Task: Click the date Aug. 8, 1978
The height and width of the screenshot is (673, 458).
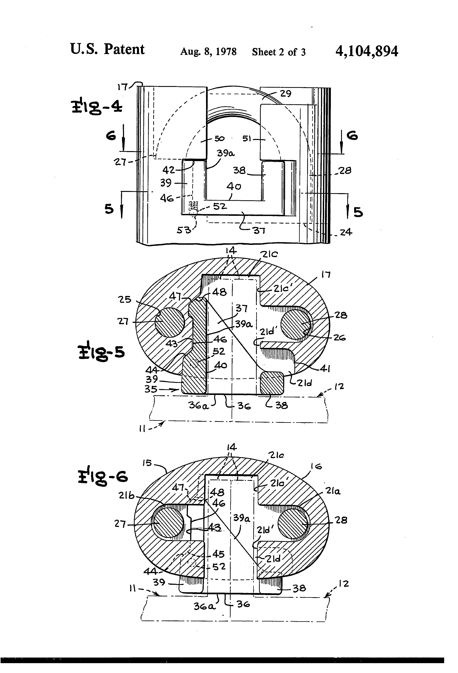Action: tap(208, 52)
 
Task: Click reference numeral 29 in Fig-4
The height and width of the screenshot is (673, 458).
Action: tap(285, 94)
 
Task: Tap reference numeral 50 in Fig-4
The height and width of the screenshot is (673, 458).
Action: tap(219, 138)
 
